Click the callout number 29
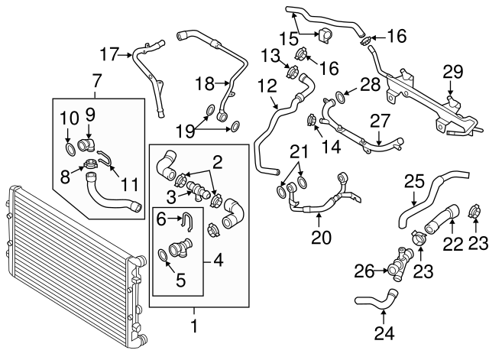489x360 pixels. (x=454, y=73)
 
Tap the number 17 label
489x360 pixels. (x=110, y=54)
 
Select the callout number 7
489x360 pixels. (x=97, y=80)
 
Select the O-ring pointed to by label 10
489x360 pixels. (x=71, y=146)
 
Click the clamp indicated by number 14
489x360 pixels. (x=313, y=120)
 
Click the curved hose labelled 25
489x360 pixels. (x=416, y=200)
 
